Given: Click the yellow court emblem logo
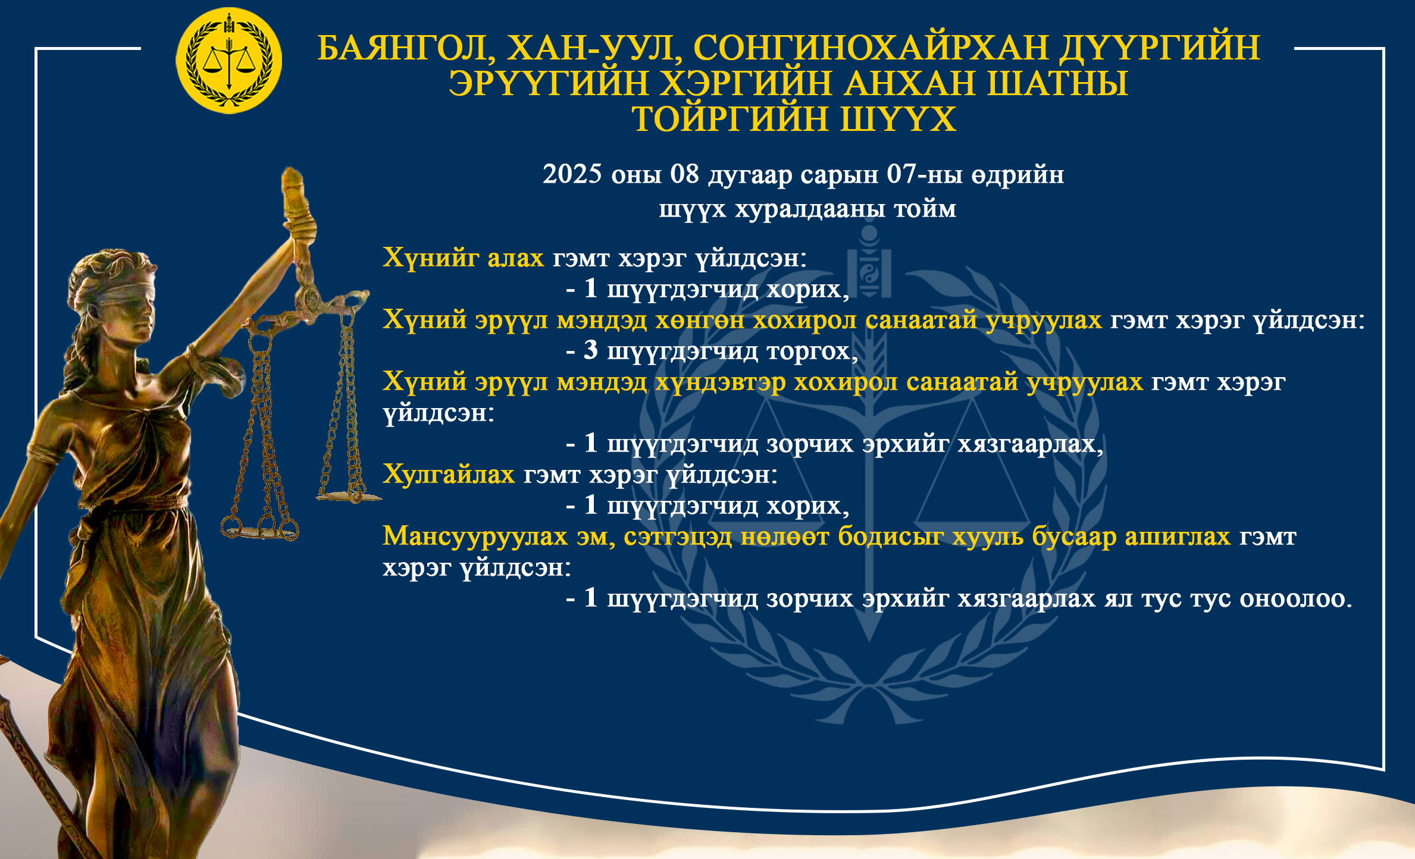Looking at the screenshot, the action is tap(228, 61).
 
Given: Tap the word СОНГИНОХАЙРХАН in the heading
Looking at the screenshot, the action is tap(871, 48).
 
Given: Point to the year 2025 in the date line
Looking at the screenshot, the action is tap(572, 174).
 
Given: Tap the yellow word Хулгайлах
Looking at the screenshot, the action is tap(449, 475).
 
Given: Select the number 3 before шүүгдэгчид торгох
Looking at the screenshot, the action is tap(590, 350).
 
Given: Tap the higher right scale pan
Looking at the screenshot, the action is tap(349, 496).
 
